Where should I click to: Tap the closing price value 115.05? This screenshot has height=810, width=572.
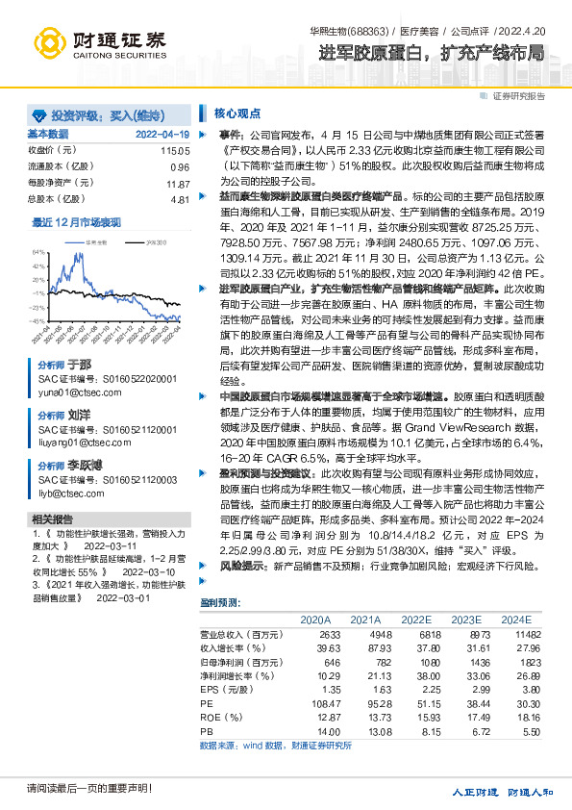coord(176,152)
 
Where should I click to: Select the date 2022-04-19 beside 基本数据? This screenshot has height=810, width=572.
coord(162,134)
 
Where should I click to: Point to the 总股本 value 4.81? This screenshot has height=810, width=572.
coord(180,199)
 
